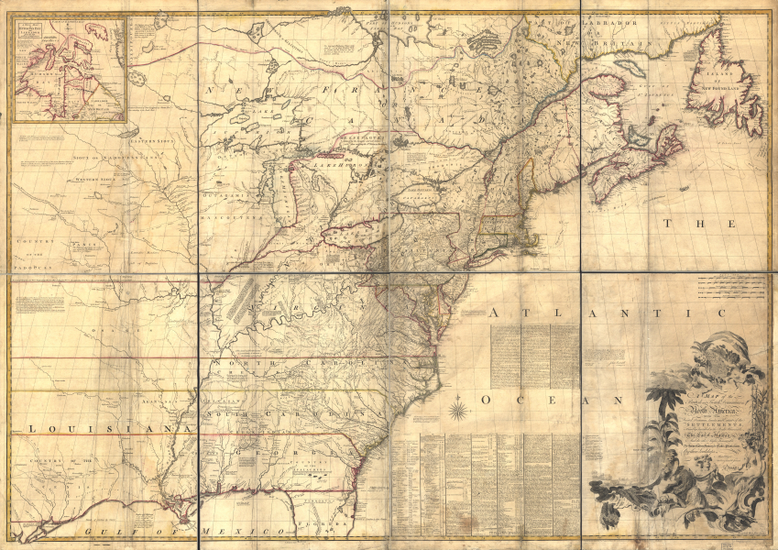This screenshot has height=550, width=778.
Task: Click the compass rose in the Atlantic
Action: pyautogui.click(x=458, y=404)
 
